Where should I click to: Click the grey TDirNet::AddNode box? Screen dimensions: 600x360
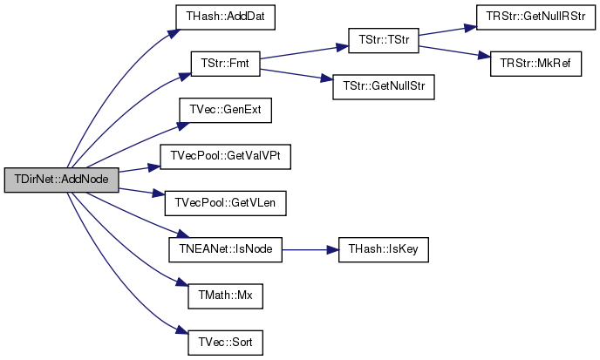pyautogui.click(x=62, y=180)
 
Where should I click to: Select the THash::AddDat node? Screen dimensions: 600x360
pyautogui.click(x=225, y=17)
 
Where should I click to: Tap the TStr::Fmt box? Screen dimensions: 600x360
pyautogui.click(x=225, y=64)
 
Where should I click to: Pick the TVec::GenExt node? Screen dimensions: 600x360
pyautogui.click(x=225, y=110)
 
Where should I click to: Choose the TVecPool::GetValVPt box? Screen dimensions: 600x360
pyautogui.click(x=225, y=157)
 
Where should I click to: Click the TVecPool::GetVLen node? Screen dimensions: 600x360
pyautogui.click(x=225, y=203)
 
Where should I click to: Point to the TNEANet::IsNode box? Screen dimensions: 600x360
pyautogui.click(x=225, y=249)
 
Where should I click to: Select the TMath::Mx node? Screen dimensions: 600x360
pyautogui.click(x=225, y=295)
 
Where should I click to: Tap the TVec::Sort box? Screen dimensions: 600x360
pyautogui.click(x=225, y=343)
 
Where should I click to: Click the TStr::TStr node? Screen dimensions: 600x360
pyautogui.click(x=384, y=40)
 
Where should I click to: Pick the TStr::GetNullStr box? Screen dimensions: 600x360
pyautogui.click(x=384, y=87)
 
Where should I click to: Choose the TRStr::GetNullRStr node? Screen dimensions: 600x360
pyautogui.click(x=535, y=17)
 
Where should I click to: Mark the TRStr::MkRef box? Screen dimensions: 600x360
pyautogui.click(x=535, y=64)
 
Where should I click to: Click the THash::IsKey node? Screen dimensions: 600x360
pyautogui.click(x=384, y=249)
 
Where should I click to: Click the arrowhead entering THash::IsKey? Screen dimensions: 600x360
pyautogui.click(x=333, y=250)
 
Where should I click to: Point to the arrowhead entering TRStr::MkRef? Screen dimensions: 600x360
pyautogui.click(x=485, y=56)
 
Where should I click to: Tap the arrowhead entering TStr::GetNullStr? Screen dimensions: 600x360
pyautogui.click(x=327, y=78)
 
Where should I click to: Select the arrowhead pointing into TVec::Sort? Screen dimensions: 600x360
pyautogui.click(x=182, y=331)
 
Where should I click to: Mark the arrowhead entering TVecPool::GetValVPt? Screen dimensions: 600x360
pyautogui.click(x=154, y=167)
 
